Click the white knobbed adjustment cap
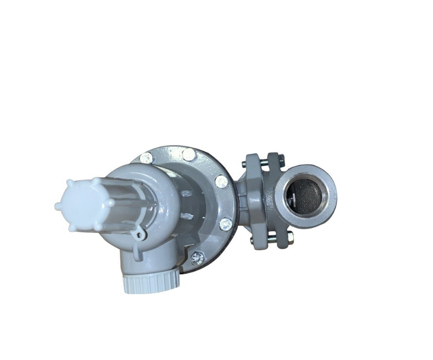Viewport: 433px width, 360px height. (80, 205)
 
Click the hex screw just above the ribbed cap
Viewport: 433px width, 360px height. (197, 258)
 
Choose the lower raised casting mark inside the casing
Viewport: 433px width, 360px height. (187, 216)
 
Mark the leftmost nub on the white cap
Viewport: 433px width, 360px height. (57, 205)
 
